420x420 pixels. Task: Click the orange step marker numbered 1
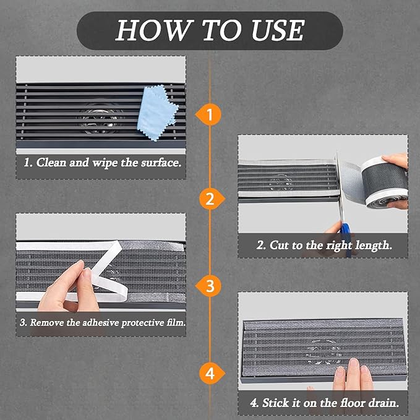(208, 114)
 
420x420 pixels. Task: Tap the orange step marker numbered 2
(212, 199)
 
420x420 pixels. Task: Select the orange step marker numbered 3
(208, 286)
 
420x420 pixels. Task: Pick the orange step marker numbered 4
(212, 373)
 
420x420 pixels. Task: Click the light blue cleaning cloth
(156, 113)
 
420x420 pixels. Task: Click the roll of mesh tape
(384, 182)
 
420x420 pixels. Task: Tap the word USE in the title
(278, 30)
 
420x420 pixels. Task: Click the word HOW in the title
(155, 30)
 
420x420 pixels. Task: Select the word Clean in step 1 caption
(51, 162)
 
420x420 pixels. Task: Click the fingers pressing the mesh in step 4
(353, 375)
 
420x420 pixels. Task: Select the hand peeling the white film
(67, 288)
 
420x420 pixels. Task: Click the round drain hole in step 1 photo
(100, 118)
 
